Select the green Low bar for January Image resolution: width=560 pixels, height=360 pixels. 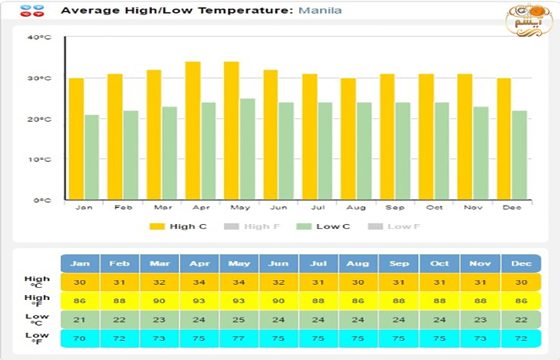coord(92,157)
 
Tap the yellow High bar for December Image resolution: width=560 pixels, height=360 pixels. coord(503,139)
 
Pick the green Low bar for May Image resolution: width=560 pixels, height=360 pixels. coord(248,149)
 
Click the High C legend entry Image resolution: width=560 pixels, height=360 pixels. coord(178,226)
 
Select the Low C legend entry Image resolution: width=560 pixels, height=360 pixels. coord(323,226)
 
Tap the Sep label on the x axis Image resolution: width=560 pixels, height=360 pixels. coord(395,207)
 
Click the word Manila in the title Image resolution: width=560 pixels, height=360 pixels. coord(320,11)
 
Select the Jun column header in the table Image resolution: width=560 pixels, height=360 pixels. coord(279,263)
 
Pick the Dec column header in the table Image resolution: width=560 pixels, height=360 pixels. coord(521,263)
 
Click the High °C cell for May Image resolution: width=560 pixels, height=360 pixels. coord(239,282)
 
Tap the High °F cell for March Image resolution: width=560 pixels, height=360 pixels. coord(160,301)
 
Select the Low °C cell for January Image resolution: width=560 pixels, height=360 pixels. coord(80,319)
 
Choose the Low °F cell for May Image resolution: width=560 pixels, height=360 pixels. coord(239,338)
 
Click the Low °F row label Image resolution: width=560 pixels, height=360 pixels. coord(36,338)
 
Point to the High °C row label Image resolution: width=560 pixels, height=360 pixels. coord(36,282)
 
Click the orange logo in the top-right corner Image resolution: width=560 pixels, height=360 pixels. coord(529,19)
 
